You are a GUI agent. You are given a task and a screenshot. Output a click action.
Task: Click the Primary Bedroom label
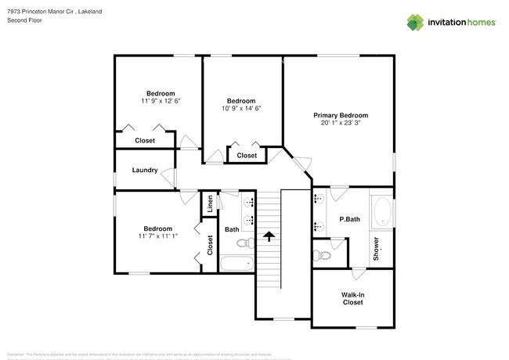click(x=340, y=115)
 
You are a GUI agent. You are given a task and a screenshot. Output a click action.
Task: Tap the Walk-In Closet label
click(x=352, y=298)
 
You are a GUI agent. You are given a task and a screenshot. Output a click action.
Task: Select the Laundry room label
click(x=145, y=170)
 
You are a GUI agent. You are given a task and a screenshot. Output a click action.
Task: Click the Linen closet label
click(x=210, y=204)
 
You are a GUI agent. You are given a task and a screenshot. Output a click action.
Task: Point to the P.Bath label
click(x=349, y=219)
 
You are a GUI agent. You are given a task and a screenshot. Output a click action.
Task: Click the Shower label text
click(x=376, y=248)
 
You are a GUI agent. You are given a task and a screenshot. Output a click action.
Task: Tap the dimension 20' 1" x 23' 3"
click(x=340, y=123)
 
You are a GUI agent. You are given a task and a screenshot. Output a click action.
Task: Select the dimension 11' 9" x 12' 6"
click(x=161, y=101)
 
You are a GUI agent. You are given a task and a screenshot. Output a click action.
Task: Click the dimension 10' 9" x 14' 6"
click(x=241, y=108)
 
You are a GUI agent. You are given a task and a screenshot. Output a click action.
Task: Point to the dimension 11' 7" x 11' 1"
click(x=158, y=236)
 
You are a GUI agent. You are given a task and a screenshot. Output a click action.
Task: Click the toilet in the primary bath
click(x=321, y=253)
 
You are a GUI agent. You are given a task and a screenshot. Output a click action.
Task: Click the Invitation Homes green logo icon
click(x=415, y=22)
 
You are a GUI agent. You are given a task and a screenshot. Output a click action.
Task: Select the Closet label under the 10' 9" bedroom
click(x=247, y=155)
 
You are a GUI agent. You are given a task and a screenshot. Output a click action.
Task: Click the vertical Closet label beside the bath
click(x=210, y=245)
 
